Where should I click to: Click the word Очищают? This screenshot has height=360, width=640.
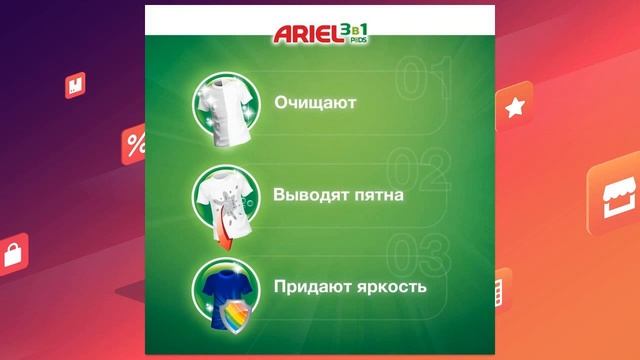point(315,102)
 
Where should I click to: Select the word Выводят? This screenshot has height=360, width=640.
point(305,194)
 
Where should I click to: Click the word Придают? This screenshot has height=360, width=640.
point(310,286)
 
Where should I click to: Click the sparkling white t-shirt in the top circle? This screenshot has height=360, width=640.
point(227,103)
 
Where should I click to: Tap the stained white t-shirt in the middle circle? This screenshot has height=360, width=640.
point(226,192)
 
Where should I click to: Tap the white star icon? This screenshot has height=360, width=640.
point(515,108)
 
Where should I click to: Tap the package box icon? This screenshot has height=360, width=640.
point(76,86)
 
